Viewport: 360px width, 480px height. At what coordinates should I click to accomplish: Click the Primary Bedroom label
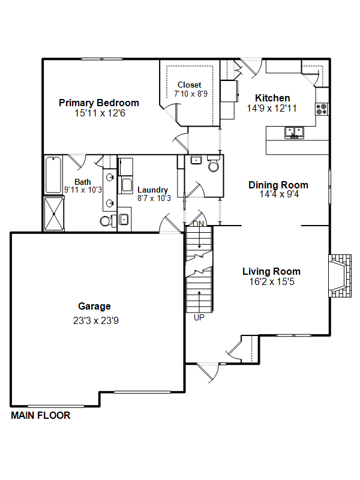click(x=99, y=103)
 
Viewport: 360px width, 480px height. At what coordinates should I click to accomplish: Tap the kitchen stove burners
click(x=322, y=109)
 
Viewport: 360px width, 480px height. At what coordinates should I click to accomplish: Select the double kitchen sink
click(x=294, y=132)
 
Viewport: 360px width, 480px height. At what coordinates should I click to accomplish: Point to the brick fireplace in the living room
click(x=340, y=275)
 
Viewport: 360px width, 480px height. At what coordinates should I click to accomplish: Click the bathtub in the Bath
click(x=53, y=175)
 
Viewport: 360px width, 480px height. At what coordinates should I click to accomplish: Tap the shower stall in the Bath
click(x=54, y=214)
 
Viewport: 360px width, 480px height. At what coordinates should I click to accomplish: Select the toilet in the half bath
click(x=214, y=164)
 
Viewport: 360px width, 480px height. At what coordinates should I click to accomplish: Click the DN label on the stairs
click(x=199, y=224)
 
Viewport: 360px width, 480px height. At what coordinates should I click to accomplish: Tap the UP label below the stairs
click(x=199, y=318)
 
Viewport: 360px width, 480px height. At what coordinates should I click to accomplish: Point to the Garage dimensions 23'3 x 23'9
click(x=96, y=320)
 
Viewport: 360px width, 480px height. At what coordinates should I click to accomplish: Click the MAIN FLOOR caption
click(x=41, y=415)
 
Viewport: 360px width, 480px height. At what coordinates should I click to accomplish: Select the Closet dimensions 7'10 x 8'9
click(x=191, y=94)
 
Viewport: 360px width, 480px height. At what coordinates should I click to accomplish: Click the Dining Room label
click(x=278, y=185)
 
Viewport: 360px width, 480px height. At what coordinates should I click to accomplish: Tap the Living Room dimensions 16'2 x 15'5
click(x=272, y=281)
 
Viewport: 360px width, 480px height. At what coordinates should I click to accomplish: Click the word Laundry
click(x=152, y=190)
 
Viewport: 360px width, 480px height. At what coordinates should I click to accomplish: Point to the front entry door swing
click(x=208, y=373)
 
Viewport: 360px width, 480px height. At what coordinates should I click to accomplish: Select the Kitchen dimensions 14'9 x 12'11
click(x=272, y=109)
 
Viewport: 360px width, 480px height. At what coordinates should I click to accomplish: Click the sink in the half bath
click(x=196, y=160)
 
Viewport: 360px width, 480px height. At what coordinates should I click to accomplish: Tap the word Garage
click(x=94, y=306)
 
